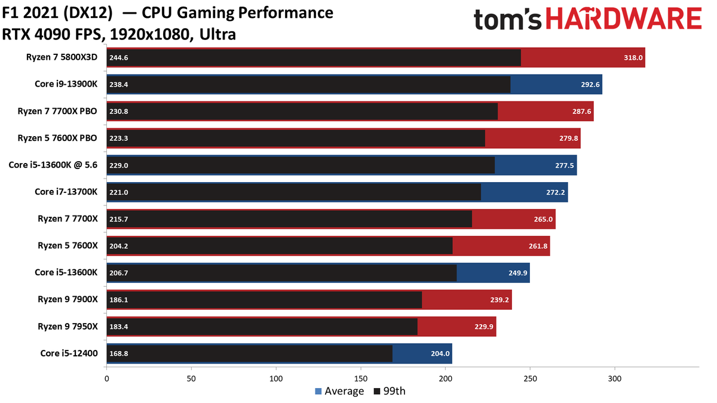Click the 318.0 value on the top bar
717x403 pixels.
pyautogui.click(x=633, y=58)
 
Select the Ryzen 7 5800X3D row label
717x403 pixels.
pyautogui.click(x=62, y=57)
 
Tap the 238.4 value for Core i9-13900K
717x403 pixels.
pyautogui.click(x=119, y=85)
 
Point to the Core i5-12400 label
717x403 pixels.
pyautogui.click(x=69, y=353)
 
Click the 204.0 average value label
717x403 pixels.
pyautogui.click(x=440, y=353)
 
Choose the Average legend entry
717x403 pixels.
pyautogui.click(x=339, y=391)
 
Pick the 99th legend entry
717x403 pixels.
pyautogui.click(x=390, y=391)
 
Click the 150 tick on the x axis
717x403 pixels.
pyautogui.click(x=361, y=379)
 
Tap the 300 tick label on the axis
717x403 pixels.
pyautogui.click(x=615, y=379)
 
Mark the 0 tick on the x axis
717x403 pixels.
pyautogui.click(x=106, y=379)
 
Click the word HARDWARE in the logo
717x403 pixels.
pyautogui.click(x=624, y=19)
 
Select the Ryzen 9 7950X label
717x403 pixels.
pyautogui.click(x=68, y=327)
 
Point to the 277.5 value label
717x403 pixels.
pyautogui.click(x=564, y=166)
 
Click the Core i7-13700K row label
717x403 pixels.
pyautogui.click(x=66, y=192)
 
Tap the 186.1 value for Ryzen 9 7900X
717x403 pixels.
pyautogui.click(x=119, y=300)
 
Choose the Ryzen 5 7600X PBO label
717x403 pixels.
pyautogui.click(x=57, y=138)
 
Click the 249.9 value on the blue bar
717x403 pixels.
pyautogui.click(x=518, y=273)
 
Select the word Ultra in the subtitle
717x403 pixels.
pyautogui.click(x=217, y=35)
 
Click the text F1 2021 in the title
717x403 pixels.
pyautogui.click(x=30, y=13)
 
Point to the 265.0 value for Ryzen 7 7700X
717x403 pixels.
pyautogui.click(x=543, y=220)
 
